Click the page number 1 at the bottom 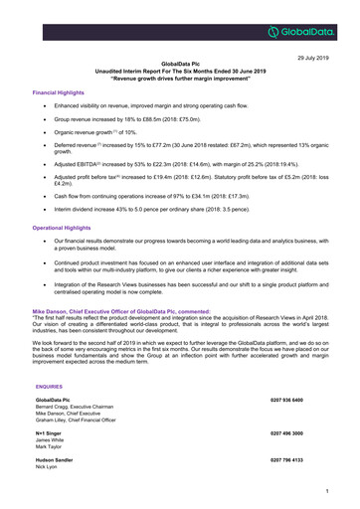pyautogui.click(x=340, y=491)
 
